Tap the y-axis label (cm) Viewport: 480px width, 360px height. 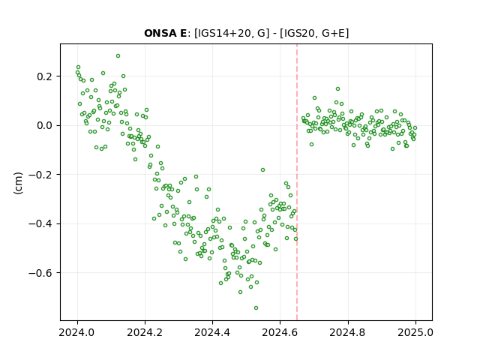[x=18, y=183]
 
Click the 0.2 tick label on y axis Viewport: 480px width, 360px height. [x=45, y=76]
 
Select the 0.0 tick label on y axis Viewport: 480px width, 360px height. [x=45, y=125]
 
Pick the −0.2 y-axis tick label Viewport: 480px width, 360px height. [x=40, y=175]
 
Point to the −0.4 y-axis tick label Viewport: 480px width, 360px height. [x=40, y=223]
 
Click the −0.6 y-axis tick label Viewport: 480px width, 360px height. [x=40, y=273]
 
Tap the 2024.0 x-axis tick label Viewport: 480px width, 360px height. [x=77, y=332]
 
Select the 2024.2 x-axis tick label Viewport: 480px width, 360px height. [x=145, y=332]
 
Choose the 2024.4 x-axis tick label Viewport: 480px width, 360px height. [x=212, y=332]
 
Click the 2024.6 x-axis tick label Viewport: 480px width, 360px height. [x=280, y=332]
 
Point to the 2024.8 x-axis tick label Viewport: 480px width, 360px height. [x=348, y=332]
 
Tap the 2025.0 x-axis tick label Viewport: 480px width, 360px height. [x=415, y=332]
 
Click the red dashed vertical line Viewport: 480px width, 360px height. [x=297, y=182]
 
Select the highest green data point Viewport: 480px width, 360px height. [x=118, y=56]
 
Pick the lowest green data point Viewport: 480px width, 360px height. [x=256, y=308]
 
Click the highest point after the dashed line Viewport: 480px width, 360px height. [x=337, y=89]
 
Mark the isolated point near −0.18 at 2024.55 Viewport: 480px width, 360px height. [x=262, y=170]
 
